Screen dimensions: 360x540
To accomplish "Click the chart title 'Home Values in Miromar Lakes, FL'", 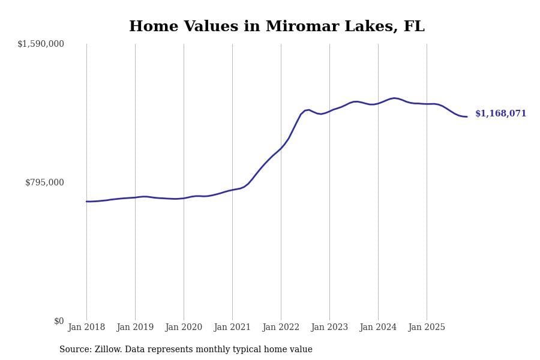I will pos(277,27).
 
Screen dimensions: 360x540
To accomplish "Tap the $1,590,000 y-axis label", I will pos(41,44).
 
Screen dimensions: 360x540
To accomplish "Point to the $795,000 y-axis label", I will pos(44,182).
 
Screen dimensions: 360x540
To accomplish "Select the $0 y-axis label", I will pos(59,321).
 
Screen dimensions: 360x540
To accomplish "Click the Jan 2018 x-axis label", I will pos(86,327).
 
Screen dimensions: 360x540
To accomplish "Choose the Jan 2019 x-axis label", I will pos(135,327).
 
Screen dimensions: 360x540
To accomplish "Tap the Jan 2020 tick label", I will pos(184,327).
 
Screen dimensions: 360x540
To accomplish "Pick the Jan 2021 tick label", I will pos(232,327).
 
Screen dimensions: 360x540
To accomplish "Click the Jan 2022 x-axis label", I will pos(281,327).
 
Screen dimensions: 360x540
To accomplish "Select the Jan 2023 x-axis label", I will pos(329,327).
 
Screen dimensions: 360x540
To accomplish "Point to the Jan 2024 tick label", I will pos(378,327).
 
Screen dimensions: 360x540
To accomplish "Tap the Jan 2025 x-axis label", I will pos(427,327).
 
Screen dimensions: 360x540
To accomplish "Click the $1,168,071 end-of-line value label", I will pos(500,113).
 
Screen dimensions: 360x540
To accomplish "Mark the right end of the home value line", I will pos(467,116).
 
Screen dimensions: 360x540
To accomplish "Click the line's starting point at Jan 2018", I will pos(86,202).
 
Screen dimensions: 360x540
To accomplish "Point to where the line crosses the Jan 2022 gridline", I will pos(281,148).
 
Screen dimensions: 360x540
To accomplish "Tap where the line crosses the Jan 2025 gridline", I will pos(427,104).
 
